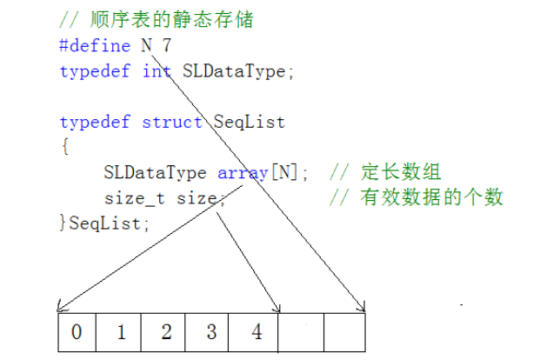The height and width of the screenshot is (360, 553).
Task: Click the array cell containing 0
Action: click(x=77, y=332)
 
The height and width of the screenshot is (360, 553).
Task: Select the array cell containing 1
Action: click(x=122, y=332)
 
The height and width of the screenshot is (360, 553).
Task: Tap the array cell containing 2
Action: click(x=166, y=332)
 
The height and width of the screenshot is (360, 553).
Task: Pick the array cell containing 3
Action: click(x=210, y=332)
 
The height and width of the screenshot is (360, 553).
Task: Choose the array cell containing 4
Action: click(x=256, y=332)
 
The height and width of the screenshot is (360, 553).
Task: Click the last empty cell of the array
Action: click(x=344, y=332)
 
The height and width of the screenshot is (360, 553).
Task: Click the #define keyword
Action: click(x=94, y=45)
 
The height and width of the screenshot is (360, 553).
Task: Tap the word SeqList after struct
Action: click(x=249, y=122)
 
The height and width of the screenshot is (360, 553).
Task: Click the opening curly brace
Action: click(x=63, y=146)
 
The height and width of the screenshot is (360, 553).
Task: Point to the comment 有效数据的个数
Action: click(x=431, y=197)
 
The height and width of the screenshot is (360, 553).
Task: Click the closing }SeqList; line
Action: click(x=104, y=223)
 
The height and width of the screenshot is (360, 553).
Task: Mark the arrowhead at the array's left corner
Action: click(x=59, y=307)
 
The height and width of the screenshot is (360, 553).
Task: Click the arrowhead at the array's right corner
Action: click(x=363, y=306)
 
